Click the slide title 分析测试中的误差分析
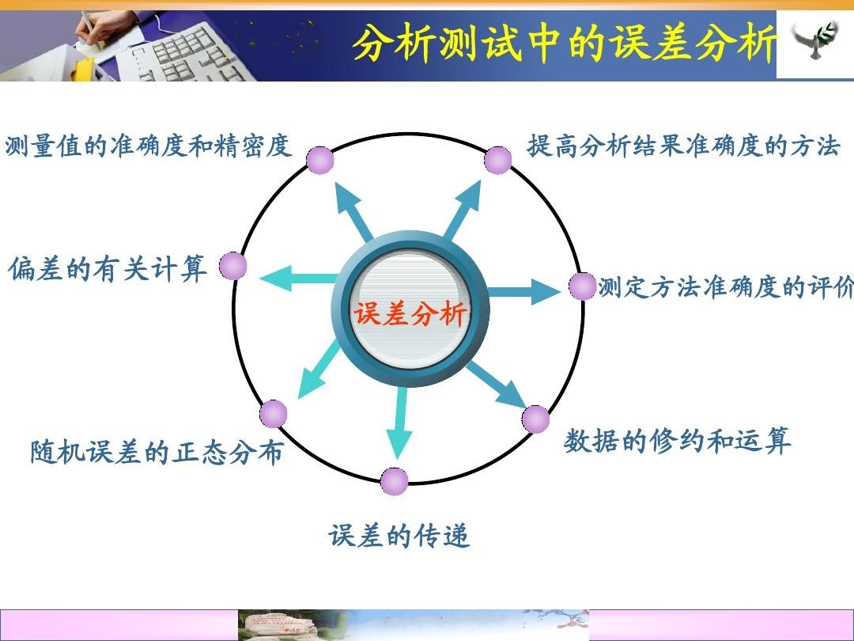565,43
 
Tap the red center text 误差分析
410,314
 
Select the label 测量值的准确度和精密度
148,146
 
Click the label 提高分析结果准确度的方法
683,146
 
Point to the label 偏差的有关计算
108,268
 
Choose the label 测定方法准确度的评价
726,287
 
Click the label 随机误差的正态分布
157,453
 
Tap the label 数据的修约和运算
677,441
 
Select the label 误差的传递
399,535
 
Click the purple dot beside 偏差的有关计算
233,266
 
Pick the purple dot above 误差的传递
395,481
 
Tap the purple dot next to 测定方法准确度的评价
583,286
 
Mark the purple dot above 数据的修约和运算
536,419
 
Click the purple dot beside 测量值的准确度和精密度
319,160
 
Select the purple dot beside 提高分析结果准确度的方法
498,160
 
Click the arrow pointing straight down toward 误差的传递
400,423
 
